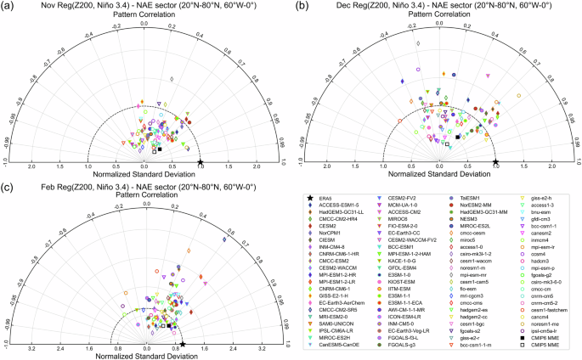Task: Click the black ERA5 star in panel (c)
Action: pyautogui.click(x=183, y=343)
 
